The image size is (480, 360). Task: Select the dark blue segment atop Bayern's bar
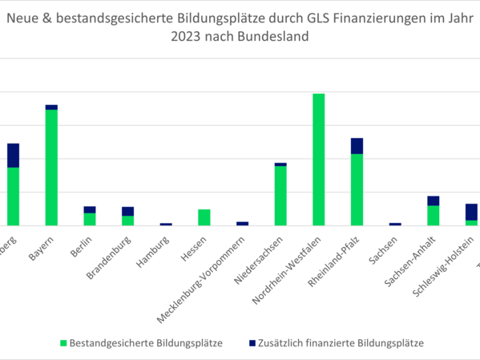coord(51,107)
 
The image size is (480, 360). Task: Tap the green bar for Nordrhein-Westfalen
coord(318,160)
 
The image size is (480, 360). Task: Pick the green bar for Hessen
coord(204,217)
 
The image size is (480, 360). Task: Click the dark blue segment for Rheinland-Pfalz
coord(357,145)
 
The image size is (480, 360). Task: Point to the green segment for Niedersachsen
coord(280,196)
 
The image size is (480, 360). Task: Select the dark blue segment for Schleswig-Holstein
coord(471,212)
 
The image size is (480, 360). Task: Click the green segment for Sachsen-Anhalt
coord(433,216)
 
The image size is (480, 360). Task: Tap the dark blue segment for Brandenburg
coord(127,211)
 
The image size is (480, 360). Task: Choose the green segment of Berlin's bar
coord(90,219)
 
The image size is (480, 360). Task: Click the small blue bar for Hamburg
coord(166,224)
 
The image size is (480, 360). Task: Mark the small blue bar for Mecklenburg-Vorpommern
coord(242,223)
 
